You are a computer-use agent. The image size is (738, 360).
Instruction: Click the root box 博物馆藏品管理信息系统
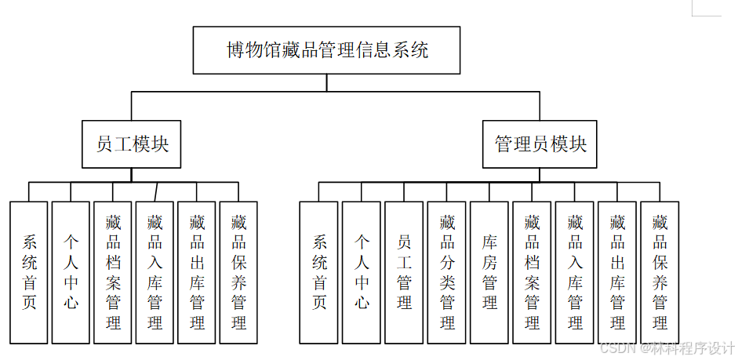[x=327, y=51]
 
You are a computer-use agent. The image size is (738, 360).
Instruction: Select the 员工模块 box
[x=132, y=144]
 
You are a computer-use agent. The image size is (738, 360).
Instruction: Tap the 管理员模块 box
[x=540, y=144]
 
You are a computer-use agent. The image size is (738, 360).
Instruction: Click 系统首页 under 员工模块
[x=29, y=272]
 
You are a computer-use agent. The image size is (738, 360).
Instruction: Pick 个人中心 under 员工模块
[x=71, y=272]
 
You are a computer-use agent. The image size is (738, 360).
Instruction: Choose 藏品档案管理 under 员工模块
[x=113, y=272]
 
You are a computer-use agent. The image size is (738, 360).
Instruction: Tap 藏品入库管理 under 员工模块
[x=155, y=272]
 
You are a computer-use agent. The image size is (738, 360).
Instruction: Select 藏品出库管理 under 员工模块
[x=197, y=272]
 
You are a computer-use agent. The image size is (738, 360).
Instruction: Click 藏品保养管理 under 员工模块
[x=239, y=272]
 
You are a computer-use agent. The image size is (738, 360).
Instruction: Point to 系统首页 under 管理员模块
[x=319, y=272]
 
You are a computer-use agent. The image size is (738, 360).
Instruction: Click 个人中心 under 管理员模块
[x=362, y=272]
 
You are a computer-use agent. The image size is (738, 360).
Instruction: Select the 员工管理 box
[x=405, y=272]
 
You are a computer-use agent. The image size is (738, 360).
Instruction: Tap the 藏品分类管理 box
[x=447, y=272]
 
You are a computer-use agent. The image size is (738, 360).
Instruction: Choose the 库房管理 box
[x=489, y=272]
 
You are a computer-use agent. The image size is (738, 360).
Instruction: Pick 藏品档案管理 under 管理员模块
[x=533, y=272]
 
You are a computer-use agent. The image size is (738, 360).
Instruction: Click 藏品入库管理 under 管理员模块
[x=575, y=272]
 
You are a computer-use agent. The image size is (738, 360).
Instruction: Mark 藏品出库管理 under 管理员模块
[x=617, y=272]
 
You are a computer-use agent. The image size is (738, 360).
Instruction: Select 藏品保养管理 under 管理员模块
[x=660, y=272]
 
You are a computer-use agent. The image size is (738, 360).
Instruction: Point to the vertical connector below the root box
[x=327, y=83]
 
